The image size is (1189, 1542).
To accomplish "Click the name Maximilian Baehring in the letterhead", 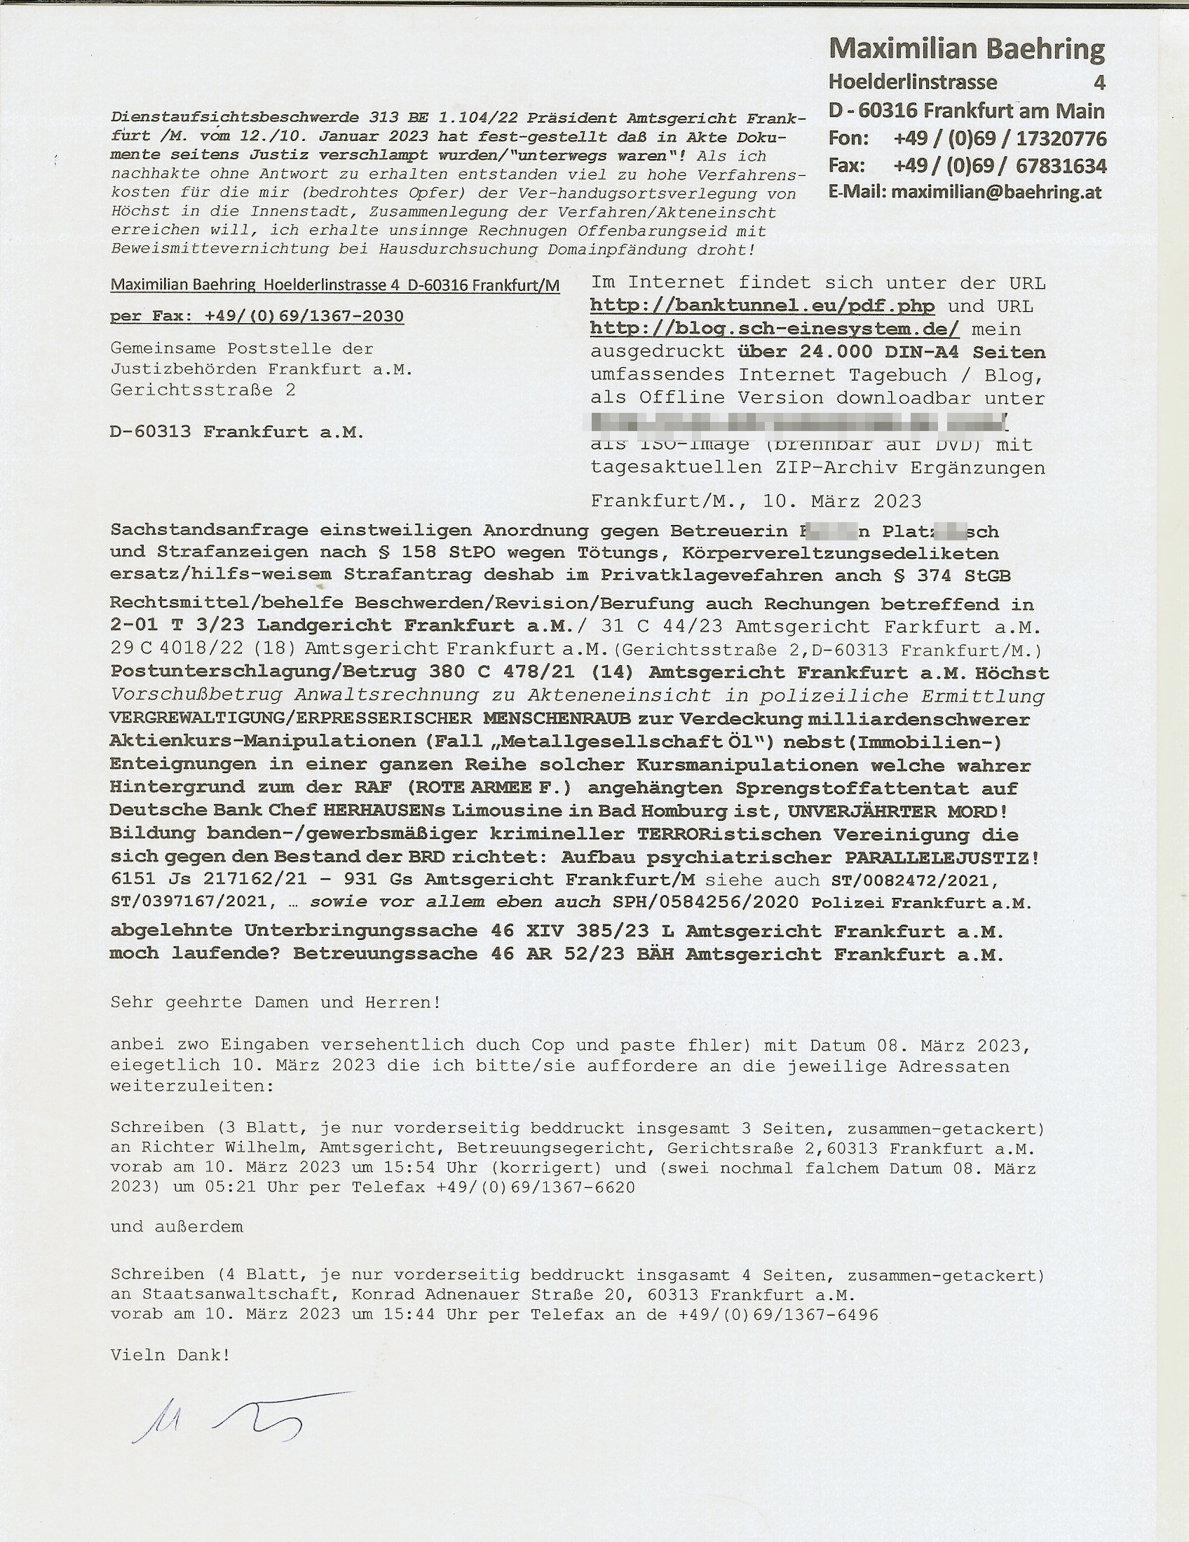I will click(967, 49).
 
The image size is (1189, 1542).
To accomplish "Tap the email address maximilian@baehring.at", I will click(996, 192).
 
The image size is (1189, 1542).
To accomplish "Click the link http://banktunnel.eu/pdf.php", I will click(762, 306).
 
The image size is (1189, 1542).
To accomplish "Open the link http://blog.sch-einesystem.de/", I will click(774, 329).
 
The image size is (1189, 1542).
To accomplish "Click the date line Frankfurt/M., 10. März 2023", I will click(756, 501).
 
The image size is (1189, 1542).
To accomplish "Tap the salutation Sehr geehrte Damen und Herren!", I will click(276, 1002).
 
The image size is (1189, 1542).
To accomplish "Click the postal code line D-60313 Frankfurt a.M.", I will click(236, 432).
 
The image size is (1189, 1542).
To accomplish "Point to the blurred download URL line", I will click(798, 422).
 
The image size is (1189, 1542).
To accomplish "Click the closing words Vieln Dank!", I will click(170, 1355).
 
